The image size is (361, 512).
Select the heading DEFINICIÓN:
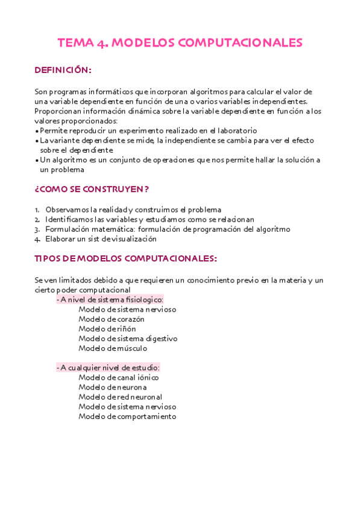pyautogui.click(x=63, y=71)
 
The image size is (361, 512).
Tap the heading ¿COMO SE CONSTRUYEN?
pyautogui.click(x=92, y=189)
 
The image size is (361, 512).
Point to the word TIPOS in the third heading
pyautogui.click(x=49, y=258)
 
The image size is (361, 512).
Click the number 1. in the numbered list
pyautogui.click(x=37, y=210)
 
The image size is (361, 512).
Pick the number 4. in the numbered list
pyautogui.click(x=37, y=238)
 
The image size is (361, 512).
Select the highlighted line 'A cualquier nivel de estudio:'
pyautogui.click(x=108, y=368)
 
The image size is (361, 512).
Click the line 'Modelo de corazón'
pyautogui.click(x=111, y=319)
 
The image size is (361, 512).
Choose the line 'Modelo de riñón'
pyautogui.click(x=107, y=328)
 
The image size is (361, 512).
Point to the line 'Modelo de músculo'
pyautogui.click(x=113, y=348)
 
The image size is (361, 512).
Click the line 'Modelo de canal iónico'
pyautogui.click(x=118, y=377)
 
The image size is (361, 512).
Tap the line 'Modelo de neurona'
pyautogui.click(x=113, y=387)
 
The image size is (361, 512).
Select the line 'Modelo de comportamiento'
pyautogui.click(x=127, y=416)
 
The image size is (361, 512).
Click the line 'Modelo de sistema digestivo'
pyautogui.click(x=128, y=338)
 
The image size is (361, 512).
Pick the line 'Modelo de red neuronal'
pyautogui.click(x=121, y=397)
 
